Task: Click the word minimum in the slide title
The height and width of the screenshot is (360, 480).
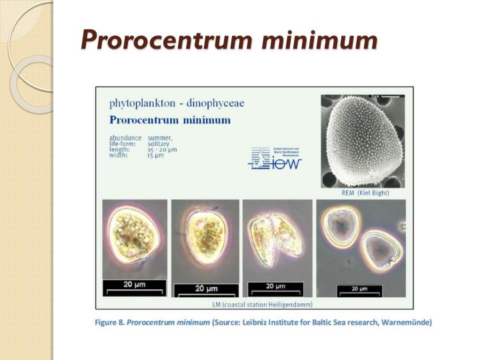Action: [x=319, y=41]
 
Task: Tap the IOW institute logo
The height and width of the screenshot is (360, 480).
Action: [x=275, y=158]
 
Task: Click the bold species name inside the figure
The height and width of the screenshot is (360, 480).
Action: [x=170, y=121]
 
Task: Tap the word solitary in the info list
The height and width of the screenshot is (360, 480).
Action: [x=159, y=144]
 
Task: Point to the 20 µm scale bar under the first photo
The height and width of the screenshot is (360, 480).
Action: [x=135, y=287]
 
